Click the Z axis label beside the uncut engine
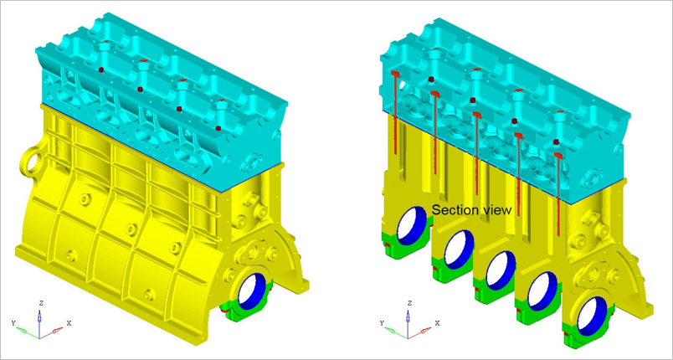[41, 301]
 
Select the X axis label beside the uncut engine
[69, 322]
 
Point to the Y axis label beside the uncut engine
[13, 322]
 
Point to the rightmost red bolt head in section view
[557, 143]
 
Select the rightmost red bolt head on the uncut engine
[218, 128]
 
